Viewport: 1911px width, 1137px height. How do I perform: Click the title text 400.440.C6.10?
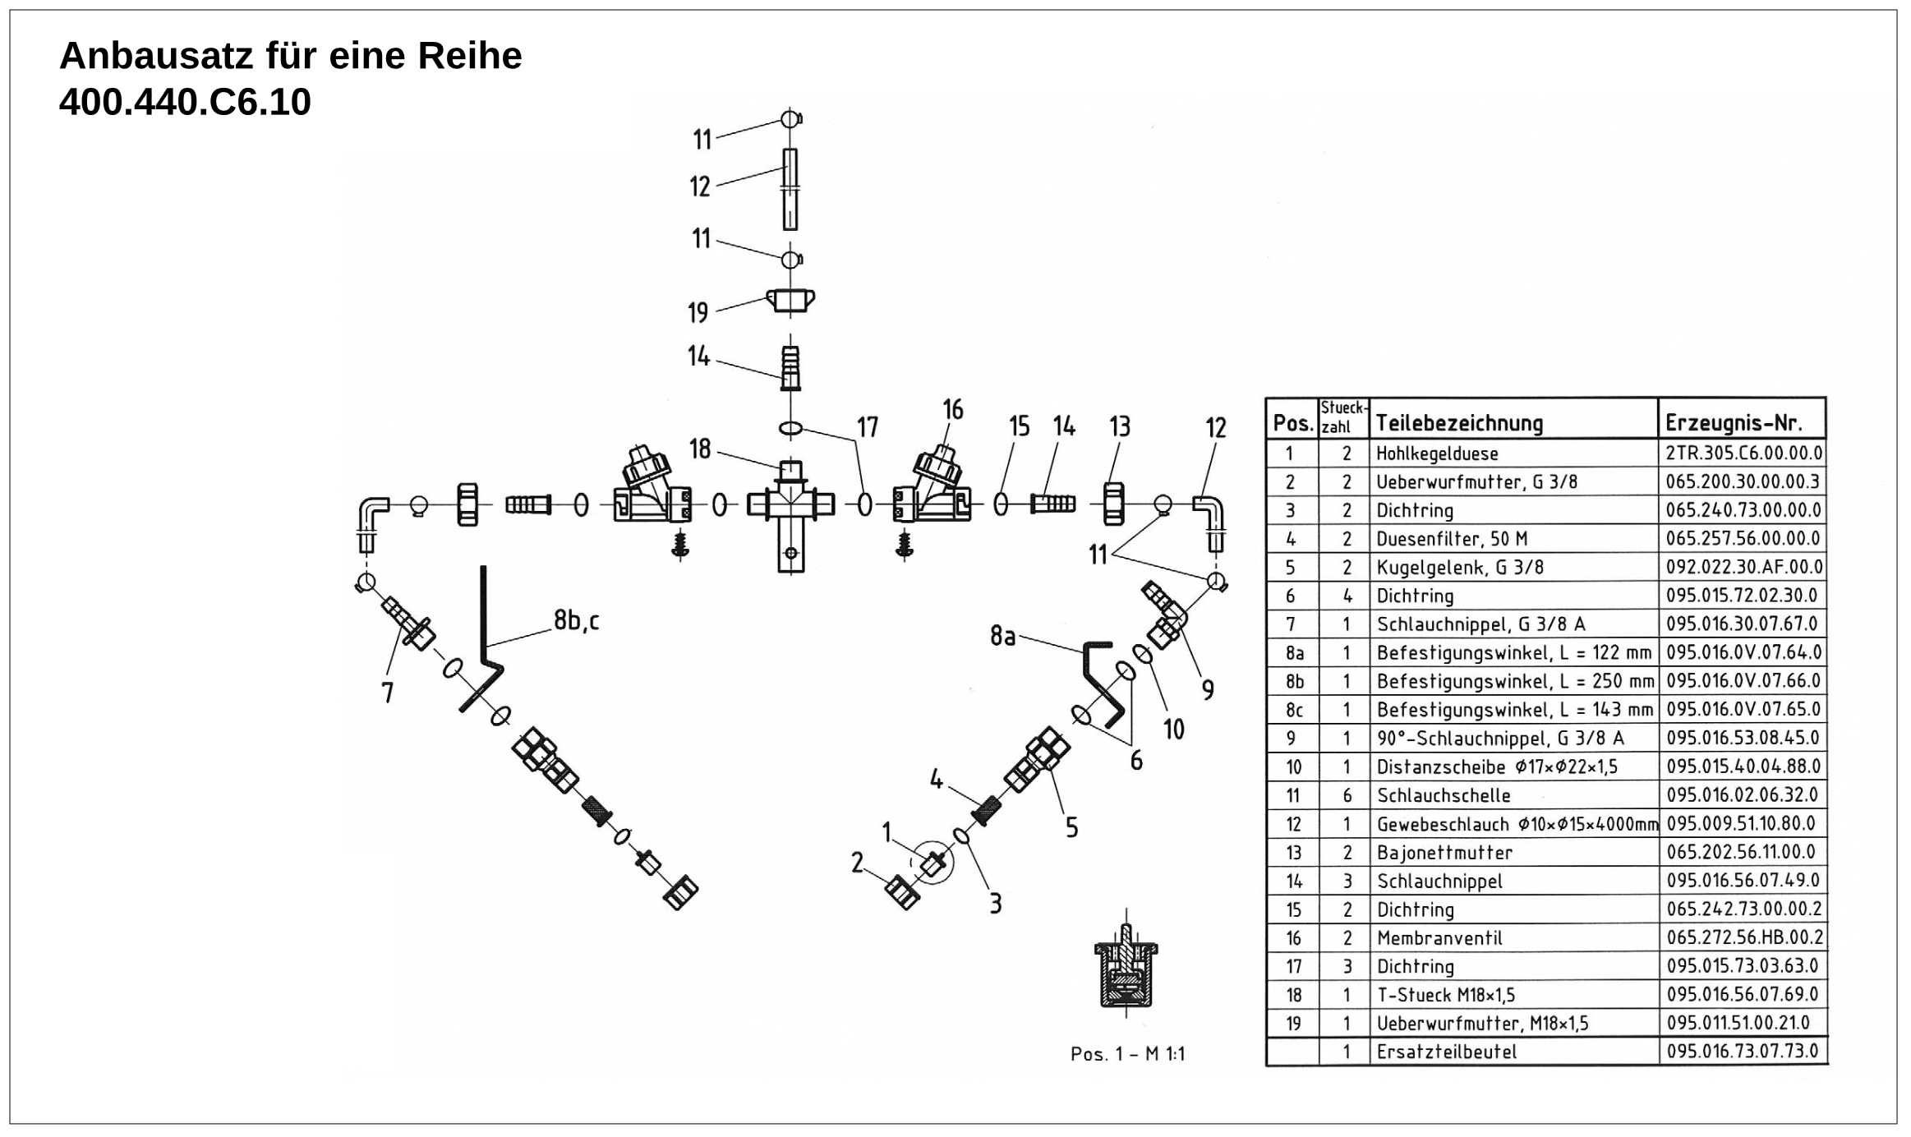185,103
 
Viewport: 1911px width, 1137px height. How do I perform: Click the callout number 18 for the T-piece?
700,449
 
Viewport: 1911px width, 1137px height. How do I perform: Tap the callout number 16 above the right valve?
952,409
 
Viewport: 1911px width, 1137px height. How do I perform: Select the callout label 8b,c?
577,620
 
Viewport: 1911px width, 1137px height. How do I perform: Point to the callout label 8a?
1002,635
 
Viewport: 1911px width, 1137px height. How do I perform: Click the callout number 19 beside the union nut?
698,312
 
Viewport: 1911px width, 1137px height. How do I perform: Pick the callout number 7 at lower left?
388,693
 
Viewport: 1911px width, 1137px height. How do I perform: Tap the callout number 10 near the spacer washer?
1173,729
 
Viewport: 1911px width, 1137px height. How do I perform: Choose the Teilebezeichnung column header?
1459,423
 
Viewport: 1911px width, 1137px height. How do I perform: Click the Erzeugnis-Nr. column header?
1734,423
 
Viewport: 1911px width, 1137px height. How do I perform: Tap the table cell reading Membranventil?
1439,938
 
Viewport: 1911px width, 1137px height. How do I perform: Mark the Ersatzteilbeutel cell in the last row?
1446,1052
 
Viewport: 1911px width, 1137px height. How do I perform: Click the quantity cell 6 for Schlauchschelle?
1347,795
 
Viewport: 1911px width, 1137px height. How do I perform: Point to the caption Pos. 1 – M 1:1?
1127,1054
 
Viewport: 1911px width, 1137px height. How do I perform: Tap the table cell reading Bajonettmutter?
1444,853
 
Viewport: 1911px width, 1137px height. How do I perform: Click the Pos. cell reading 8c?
1294,710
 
